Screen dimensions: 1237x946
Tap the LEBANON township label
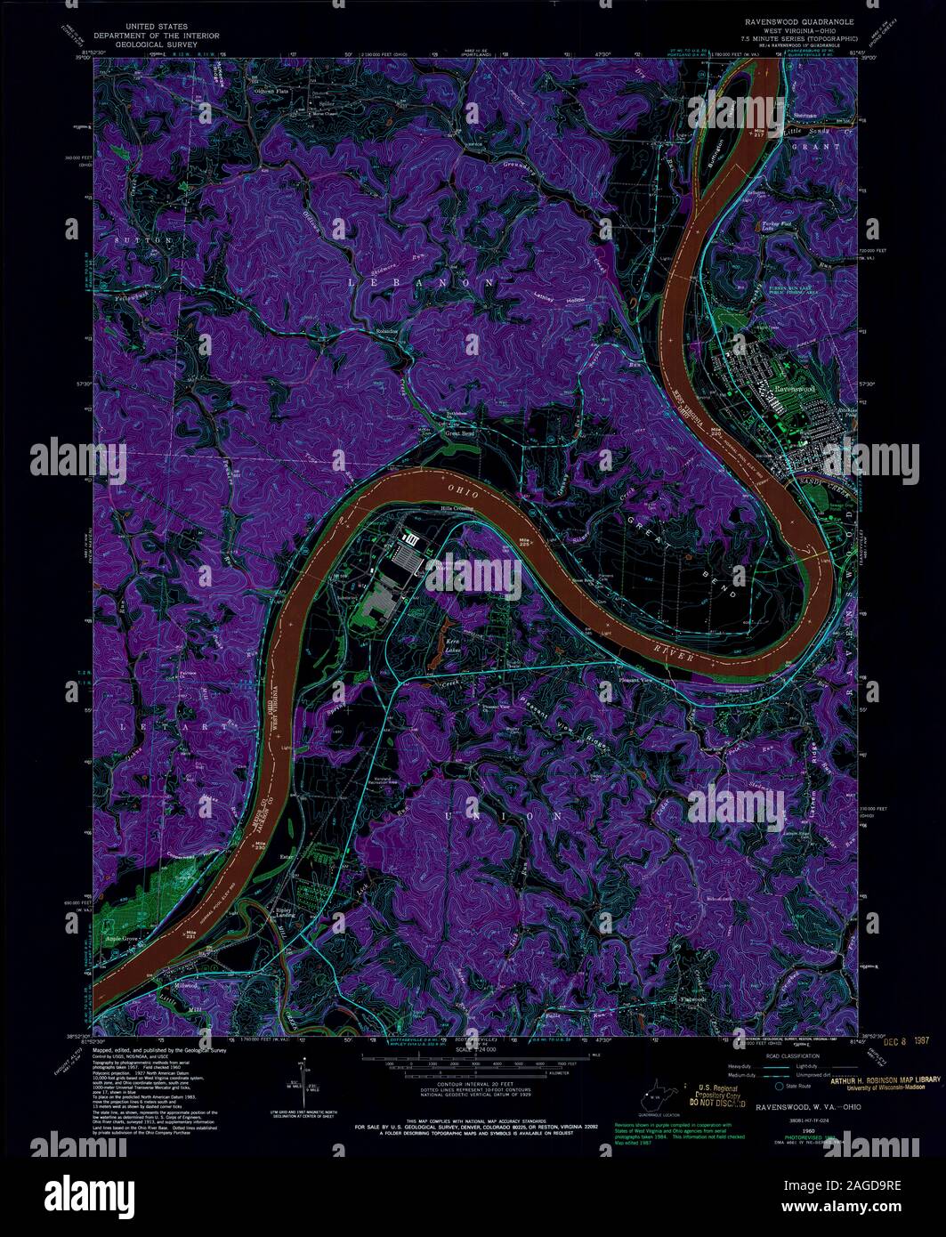[420, 281]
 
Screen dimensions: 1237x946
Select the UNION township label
[503, 814]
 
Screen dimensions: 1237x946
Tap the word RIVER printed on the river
[674, 653]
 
